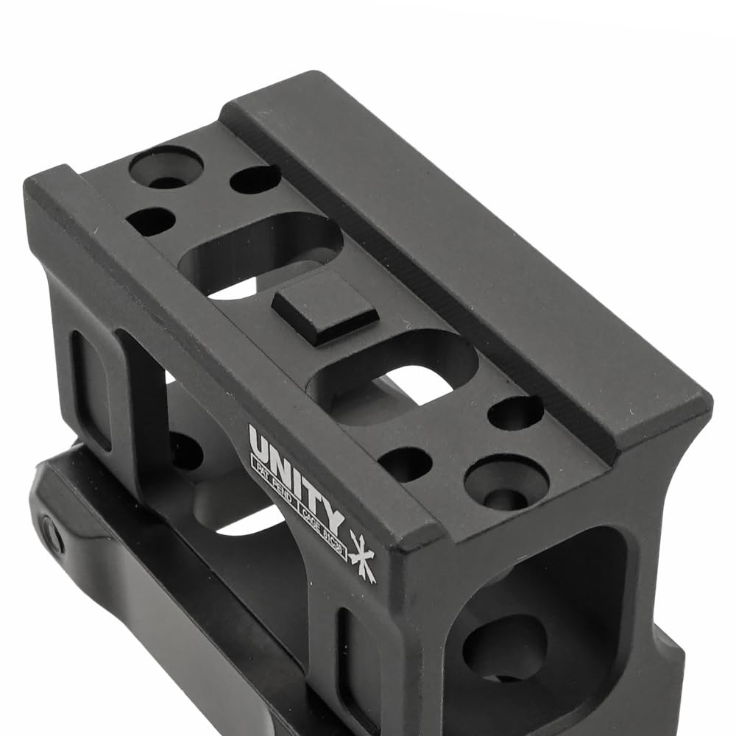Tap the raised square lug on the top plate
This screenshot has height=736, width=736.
[x=324, y=305]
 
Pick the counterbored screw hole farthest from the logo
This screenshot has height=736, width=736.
[x=166, y=166]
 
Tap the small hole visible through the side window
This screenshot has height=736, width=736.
[x=185, y=450]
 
